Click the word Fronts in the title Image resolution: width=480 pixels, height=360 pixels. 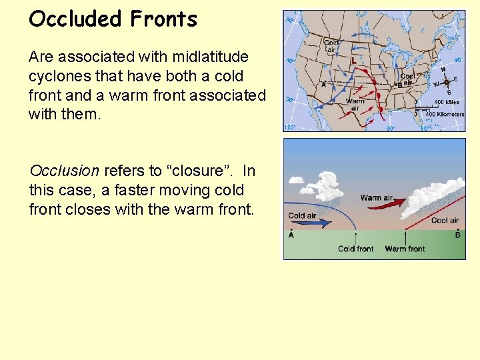(x=164, y=19)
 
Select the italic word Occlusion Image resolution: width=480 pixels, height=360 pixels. (x=64, y=171)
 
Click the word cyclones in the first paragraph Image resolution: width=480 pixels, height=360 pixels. (x=59, y=76)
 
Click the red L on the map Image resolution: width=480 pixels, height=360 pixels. (x=353, y=61)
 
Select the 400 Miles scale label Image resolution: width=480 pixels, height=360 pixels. (x=447, y=102)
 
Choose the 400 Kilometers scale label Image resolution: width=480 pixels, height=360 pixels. (x=444, y=114)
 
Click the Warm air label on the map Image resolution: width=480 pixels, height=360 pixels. (x=355, y=104)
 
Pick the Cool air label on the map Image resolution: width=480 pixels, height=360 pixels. (x=407, y=79)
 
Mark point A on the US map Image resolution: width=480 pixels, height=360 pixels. (x=323, y=85)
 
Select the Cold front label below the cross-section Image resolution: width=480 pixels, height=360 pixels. (x=355, y=249)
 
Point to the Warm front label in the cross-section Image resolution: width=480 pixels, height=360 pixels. (x=405, y=249)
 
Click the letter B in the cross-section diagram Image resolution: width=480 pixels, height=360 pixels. (x=457, y=235)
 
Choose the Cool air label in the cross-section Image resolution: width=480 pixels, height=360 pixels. (x=444, y=221)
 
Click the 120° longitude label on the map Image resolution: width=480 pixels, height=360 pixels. (x=290, y=126)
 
